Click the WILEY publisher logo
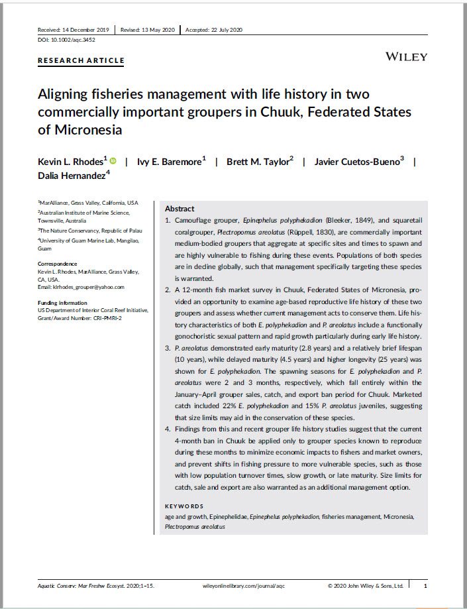(406, 57)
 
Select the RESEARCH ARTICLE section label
(81, 60)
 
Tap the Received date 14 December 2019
(74, 30)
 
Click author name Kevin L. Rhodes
(72, 162)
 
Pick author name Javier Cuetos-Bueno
(358, 162)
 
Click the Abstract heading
(179, 208)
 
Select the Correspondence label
(57, 264)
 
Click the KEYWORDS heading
(185, 505)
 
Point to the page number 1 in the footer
(425, 586)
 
